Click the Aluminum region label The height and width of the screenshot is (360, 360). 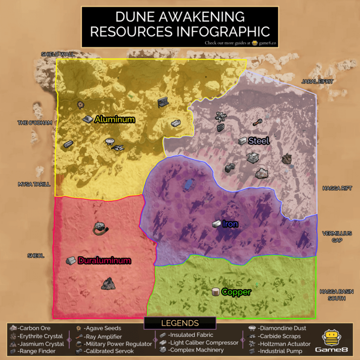[115, 119]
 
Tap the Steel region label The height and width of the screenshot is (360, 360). [259, 141]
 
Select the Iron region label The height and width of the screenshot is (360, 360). [230, 224]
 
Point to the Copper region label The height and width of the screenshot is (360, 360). [236, 292]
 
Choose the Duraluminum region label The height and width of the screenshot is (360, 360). [104, 260]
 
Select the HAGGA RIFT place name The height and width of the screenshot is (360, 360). [336, 188]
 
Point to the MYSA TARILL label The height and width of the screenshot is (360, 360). [34, 184]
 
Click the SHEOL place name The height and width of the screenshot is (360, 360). [36, 256]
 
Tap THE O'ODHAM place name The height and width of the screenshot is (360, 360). [35, 123]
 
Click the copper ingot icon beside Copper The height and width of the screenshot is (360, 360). [215, 292]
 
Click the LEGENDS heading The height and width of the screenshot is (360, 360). [180, 323]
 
